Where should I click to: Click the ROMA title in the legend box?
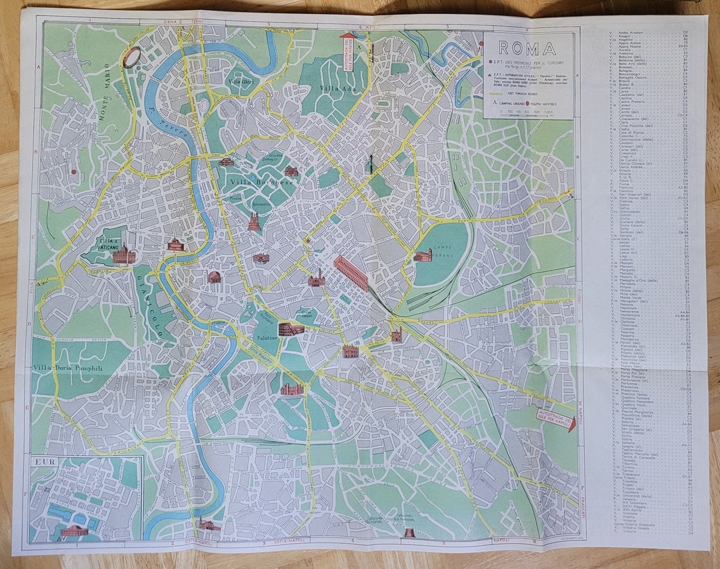pos(527,48)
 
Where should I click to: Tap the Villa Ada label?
pos(336,89)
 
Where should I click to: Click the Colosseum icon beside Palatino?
pos(291,328)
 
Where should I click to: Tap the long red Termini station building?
pos(351,273)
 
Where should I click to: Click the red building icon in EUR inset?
pos(73,531)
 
